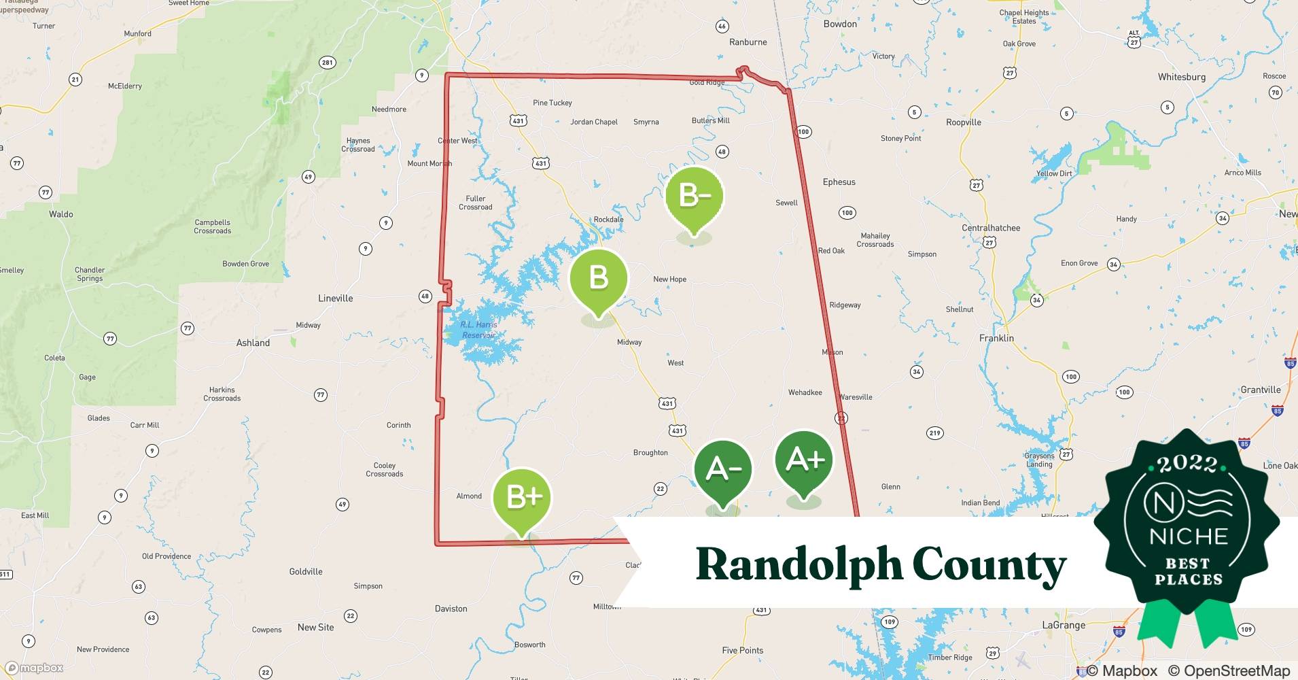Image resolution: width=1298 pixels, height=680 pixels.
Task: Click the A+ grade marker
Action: [x=804, y=461]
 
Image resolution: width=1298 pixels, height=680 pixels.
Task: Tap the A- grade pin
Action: [x=722, y=469]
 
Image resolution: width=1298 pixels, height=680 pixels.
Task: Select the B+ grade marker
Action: [x=522, y=497]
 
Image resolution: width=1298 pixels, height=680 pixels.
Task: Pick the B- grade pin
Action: [x=694, y=197]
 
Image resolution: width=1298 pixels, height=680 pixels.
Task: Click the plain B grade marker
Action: [x=598, y=278]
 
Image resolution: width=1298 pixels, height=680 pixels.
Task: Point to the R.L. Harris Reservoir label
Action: [x=478, y=330]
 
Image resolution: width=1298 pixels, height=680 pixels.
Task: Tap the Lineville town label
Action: [x=336, y=298]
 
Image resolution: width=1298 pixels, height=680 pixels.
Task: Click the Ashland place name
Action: [x=253, y=343]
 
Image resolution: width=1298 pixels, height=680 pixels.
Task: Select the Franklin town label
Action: [x=996, y=338]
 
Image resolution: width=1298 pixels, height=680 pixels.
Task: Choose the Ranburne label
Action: [x=748, y=42]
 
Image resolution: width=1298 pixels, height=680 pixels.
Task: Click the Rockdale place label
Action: [x=608, y=220]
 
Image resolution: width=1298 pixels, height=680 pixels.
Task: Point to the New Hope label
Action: [x=669, y=279]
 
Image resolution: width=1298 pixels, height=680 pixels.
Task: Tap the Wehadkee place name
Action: [x=805, y=392]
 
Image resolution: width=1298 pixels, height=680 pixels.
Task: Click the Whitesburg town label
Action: [x=1181, y=77]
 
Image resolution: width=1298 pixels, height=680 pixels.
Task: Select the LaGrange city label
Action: [x=1064, y=625]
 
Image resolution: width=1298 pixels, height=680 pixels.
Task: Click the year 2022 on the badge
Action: [x=1187, y=464]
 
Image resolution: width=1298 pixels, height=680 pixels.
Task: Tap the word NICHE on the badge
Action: [x=1189, y=536]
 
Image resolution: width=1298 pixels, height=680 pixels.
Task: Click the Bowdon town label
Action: [x=840, y=24]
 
